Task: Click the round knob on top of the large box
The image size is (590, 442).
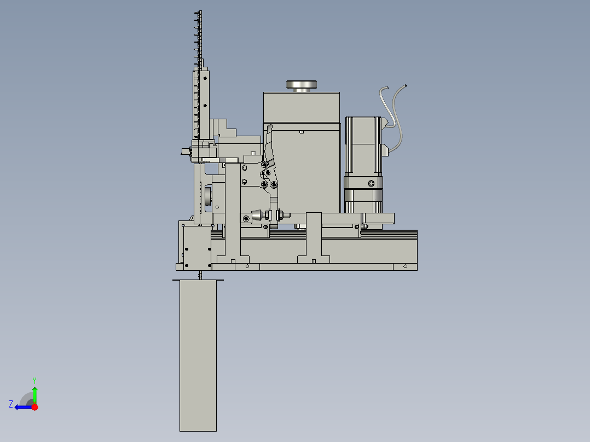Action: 301,85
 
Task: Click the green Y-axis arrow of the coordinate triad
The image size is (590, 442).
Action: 34,393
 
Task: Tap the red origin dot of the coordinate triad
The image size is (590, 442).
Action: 34,407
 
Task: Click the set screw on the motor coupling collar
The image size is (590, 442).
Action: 371,183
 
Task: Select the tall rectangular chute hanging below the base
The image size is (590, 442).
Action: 198,356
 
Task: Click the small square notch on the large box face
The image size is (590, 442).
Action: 302,132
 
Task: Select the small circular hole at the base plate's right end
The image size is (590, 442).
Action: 405,266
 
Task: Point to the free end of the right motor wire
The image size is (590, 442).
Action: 406,85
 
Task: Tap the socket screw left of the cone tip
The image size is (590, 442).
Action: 246,219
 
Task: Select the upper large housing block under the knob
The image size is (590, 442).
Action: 301,107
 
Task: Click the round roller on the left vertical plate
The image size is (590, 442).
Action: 208,198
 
